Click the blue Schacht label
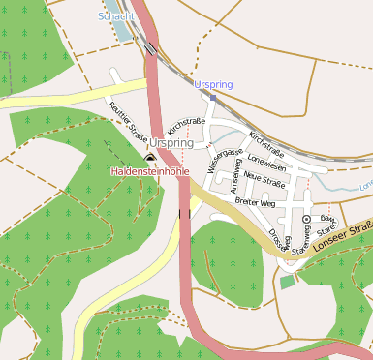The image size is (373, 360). pos(115,16)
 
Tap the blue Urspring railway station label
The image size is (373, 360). pos(213,85)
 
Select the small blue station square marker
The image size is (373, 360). pos(213,97)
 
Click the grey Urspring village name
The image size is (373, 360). pos(171,143)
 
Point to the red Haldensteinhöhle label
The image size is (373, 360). pos(149,171)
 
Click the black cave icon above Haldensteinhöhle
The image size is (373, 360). pos(149,157)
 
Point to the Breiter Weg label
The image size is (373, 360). pos(256,203)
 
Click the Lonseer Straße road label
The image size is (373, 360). pos(347,231)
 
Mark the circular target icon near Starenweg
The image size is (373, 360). pos(306,220)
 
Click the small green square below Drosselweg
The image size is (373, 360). pos(286,282)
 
